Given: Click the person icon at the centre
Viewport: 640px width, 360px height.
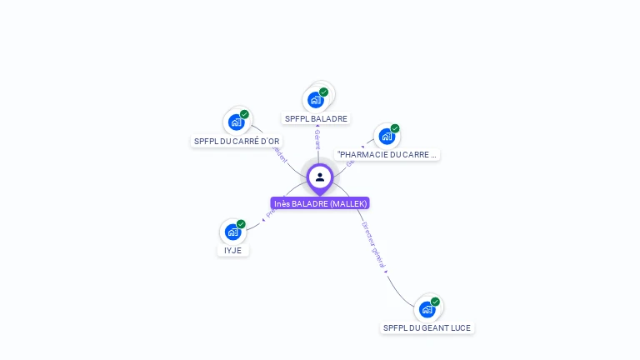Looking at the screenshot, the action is click(320, 177).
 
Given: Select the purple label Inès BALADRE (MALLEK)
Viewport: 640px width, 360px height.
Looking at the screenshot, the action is click(320, 203).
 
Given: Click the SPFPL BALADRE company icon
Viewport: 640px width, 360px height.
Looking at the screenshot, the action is click(315, 100).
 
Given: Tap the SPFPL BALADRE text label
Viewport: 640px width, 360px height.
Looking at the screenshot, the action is click(316, 118).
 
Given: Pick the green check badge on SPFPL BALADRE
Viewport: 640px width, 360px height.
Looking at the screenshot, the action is click(323, 92).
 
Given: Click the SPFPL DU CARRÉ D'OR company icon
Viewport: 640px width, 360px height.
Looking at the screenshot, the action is click(236, 122).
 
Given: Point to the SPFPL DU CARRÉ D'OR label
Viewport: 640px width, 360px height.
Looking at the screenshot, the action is click(237, 141).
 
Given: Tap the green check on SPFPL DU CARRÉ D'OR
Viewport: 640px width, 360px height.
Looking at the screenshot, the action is click(244, 115).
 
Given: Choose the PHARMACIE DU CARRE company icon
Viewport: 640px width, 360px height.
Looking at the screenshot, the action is click(387, 136).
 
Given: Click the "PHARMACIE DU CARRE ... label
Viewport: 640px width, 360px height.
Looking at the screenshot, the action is click(387, 154).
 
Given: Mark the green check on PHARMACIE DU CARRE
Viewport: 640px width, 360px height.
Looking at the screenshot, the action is click(395, 129).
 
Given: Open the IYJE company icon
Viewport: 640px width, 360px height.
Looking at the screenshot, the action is click(232, 232).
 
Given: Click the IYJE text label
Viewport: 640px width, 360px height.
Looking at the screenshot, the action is click(233, 250).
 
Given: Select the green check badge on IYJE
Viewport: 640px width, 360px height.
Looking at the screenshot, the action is click(241, 224).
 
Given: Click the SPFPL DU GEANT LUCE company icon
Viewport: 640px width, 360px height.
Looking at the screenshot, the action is click(427, 309).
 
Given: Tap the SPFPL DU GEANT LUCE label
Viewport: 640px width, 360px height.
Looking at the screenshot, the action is click(427, 327).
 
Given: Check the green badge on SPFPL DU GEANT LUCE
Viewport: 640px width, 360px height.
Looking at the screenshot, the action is click(435, 302).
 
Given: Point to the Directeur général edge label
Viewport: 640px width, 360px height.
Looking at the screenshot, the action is click(373, 245).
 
